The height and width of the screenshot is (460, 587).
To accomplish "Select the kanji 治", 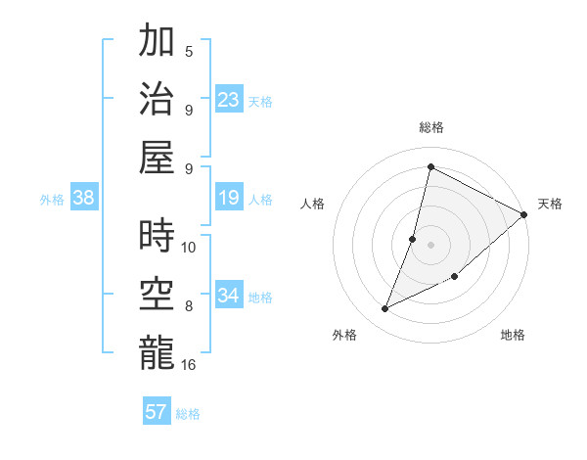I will point(157,98).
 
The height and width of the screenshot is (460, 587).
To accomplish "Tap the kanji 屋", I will point(157,155).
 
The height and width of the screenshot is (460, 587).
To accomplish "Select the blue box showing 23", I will point(229,99).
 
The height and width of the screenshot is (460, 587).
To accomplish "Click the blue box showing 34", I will point(229,296).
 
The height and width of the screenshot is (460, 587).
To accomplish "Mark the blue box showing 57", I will point(157,412).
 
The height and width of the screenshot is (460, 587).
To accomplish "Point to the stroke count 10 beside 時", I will point(189,247).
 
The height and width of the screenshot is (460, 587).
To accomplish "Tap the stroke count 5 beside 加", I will point(189,51).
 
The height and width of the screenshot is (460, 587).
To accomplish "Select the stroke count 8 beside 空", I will point(189,306).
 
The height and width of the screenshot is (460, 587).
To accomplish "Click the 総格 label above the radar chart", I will point(430,127).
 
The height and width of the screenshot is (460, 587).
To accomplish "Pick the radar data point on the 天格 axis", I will point(523,214).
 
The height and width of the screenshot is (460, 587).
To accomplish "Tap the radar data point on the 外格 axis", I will point(385,309).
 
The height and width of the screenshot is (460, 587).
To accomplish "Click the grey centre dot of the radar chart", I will point(430,245).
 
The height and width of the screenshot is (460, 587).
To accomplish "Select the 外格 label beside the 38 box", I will point(52,200).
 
